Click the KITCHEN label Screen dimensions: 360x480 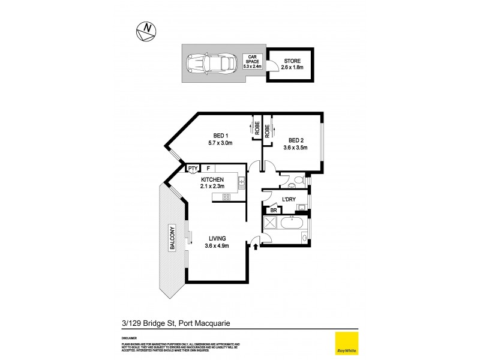tap(212, 180)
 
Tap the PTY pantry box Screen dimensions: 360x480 tap(193, 169)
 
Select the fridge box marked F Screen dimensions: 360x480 tap(209, 169)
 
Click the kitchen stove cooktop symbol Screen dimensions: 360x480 tap(227, 197)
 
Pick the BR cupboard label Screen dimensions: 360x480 tap(273, 211)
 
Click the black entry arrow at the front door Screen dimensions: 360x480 tap(256, 245)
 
